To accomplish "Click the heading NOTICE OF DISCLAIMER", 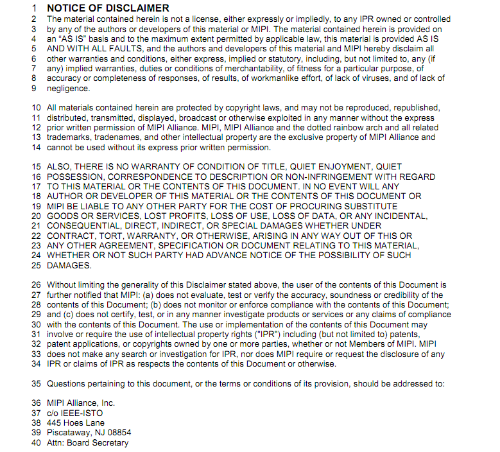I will (x=108, y=8).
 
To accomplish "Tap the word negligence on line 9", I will (x=68, y=89).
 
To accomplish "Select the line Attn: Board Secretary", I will (x=87, y=442).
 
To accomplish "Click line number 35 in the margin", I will (x=36, y=384).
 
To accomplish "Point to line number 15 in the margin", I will (x=36, y=167).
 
